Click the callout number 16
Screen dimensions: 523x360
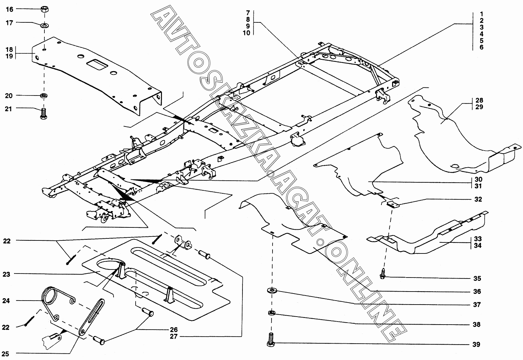coord(10,9)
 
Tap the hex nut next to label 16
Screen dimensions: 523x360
coord(44,9)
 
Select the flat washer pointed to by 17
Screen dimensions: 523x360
coord(44,25)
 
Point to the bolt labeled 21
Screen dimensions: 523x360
coord(44,114)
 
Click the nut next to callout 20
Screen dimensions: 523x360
coord(44,96)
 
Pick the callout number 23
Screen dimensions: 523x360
coord(6,274)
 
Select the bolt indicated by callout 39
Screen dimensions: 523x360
coord(271,340)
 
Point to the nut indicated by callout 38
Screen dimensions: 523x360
coord(272,313)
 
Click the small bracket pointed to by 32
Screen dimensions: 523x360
coord(392,204)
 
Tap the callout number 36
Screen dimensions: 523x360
coord(477,291)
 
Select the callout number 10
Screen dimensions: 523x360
coord(246,33)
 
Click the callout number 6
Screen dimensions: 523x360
coord(482,47)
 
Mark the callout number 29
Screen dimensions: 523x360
coord(479,107)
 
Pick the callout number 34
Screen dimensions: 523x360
coord(478,245)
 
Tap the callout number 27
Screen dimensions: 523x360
coord(173,336)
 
